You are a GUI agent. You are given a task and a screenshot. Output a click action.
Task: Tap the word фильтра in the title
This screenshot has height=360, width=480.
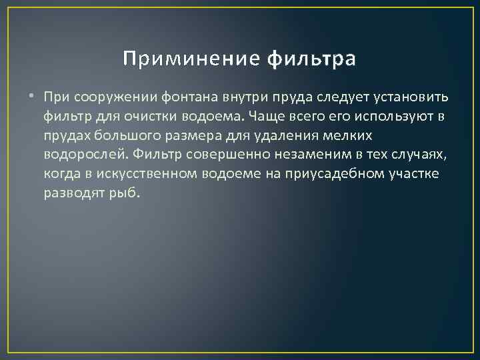pyautogui.click(x=311, y=60)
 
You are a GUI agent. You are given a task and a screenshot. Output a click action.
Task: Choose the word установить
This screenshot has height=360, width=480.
pyautogui.click(x=409, y=97)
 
